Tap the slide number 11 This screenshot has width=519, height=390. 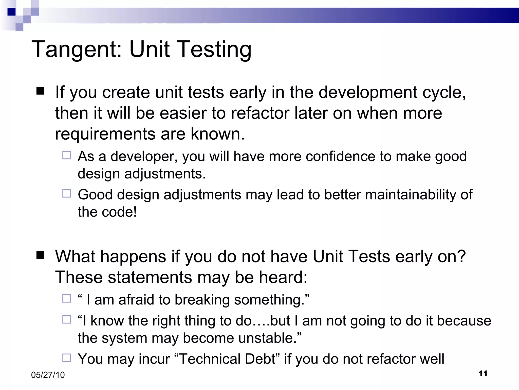click(x=483, y=373)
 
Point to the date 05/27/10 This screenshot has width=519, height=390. click(x=48, y=375)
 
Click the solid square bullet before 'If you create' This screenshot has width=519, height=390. click(x=40, y=91)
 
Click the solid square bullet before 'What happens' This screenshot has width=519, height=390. click(x=40, y=255)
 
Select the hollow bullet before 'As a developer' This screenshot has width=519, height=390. click(x=66, y=155)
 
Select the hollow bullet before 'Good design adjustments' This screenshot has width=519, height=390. click(x=66, y=193)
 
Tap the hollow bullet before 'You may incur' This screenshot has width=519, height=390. click(x=66, y=358)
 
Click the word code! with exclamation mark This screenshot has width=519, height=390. click(x=119, y=212)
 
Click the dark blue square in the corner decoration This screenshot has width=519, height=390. click(x=11, y=12)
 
